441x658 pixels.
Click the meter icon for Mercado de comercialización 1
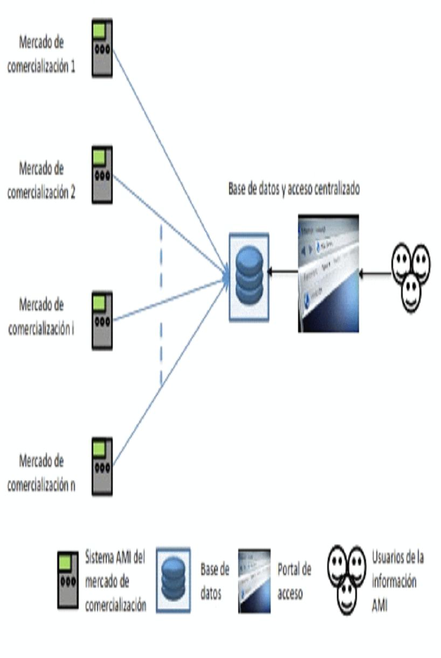(x=101, y=49)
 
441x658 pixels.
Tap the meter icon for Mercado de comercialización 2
(x=101, y=174)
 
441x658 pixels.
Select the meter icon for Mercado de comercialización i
(x=101, y=321)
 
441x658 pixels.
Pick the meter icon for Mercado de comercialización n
(x=101, y=466)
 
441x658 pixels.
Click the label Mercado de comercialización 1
(x=41, y=54)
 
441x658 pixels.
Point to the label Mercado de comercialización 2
(x=41, y=181)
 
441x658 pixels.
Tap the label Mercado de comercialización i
(x=41, y=317)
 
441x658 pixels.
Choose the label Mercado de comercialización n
(x=41, y=473)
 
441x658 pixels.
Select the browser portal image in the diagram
(x=328, y=273)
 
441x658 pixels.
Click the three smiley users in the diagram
(x=411, y=275)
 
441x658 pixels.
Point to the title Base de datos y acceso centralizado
(x=294, y=189)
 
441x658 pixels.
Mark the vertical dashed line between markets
(x=161, y=304)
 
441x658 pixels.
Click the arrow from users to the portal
(x=375, y=275)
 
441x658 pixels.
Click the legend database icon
(x=173, y=580)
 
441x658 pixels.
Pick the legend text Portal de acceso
(x=294, y=581)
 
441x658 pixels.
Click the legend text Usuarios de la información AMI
(x=397, y=581)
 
